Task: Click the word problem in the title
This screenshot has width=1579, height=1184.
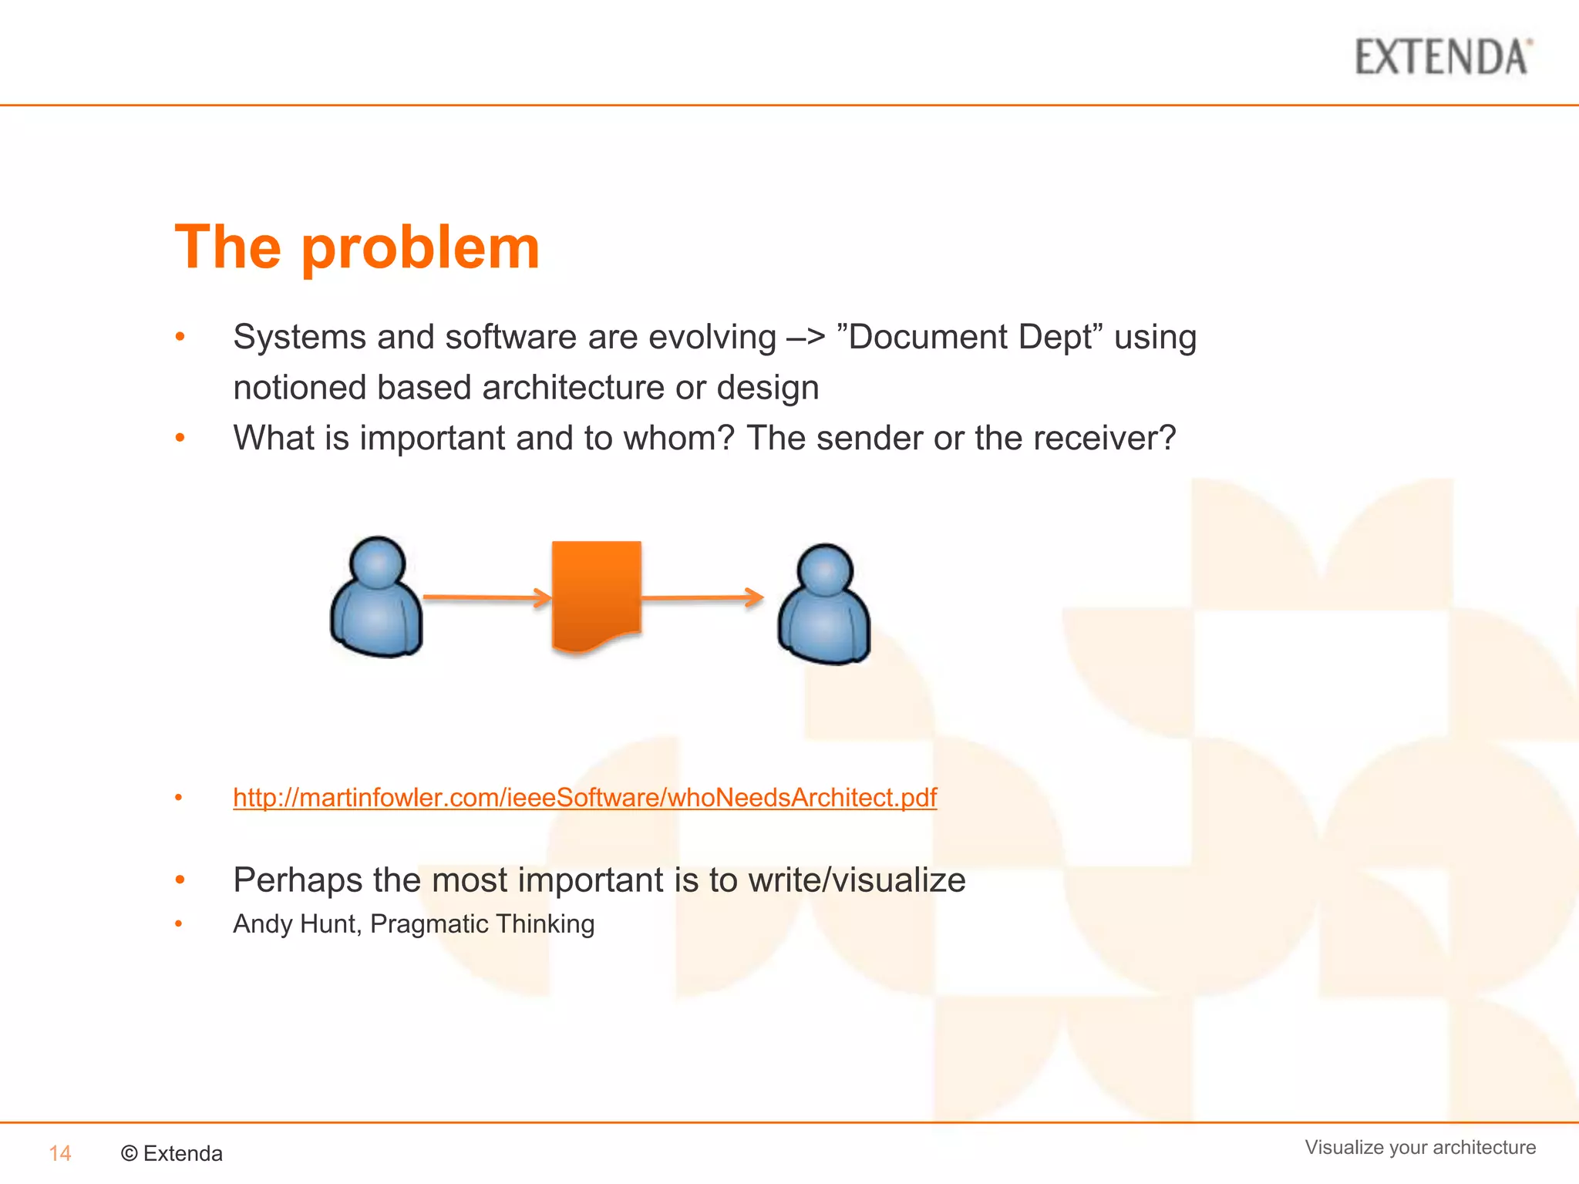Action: point(420,248)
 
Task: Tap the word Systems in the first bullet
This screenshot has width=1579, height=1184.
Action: point(299,338)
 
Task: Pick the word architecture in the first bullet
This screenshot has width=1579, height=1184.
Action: point(573,388)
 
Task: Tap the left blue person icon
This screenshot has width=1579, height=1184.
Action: point(376,600)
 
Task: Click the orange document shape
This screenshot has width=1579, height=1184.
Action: point(597,594)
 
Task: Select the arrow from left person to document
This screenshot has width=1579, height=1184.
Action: point(487,597)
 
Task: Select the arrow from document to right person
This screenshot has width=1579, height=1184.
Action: point(702,597)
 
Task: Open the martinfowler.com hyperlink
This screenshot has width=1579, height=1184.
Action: point(584,797)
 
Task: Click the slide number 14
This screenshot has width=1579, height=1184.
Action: point(60,1153)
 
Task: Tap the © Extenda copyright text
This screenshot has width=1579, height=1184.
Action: point(172,1153)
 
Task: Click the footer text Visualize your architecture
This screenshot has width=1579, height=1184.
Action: point(1419,1147)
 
